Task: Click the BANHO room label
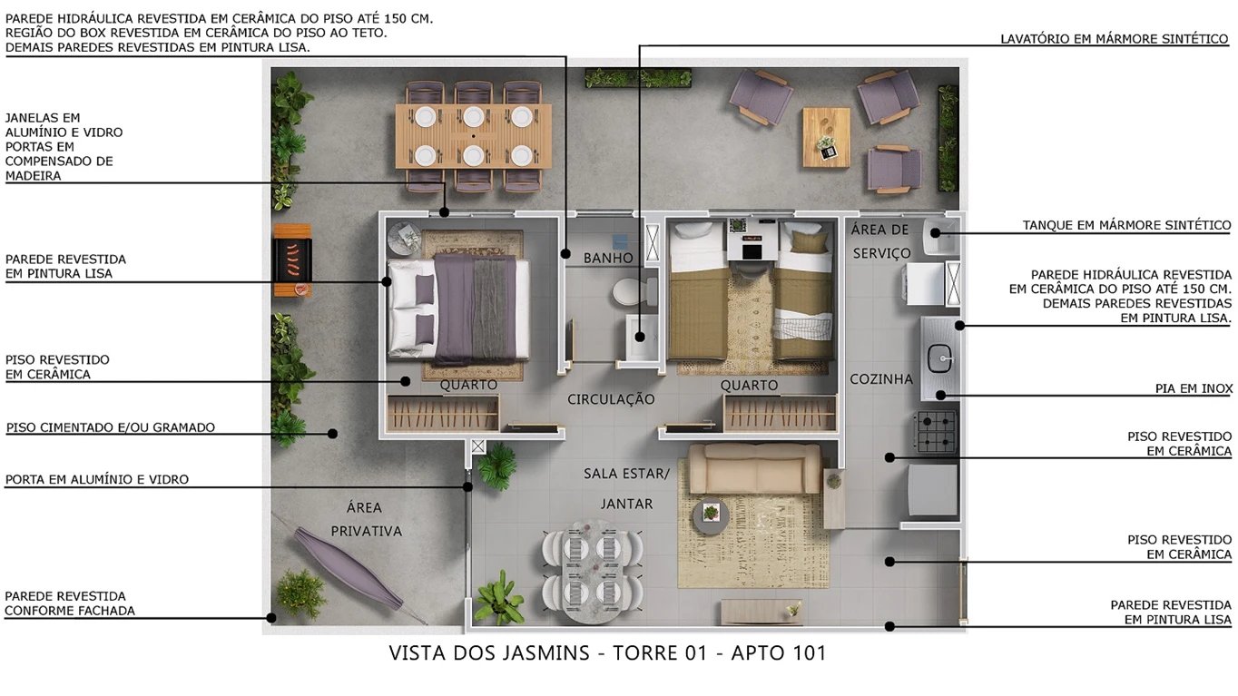coord(608,259)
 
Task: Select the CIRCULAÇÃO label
coord(611,399)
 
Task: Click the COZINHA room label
coord(880,379)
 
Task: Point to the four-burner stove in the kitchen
coord(937,431)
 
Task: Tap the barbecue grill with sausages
coord(291,259)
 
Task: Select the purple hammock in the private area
coord(349,568)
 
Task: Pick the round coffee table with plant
coord(711,515)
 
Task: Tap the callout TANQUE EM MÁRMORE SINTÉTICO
coord(1126,225)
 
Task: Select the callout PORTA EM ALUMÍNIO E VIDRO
coord(97,479)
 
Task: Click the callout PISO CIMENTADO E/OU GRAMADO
coord(111,427)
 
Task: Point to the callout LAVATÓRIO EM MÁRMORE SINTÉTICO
coord(1114,39)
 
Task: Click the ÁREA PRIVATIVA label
coord(366,519)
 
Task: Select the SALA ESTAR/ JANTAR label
coord(626,487)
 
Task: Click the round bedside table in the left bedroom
coord(404,239)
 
